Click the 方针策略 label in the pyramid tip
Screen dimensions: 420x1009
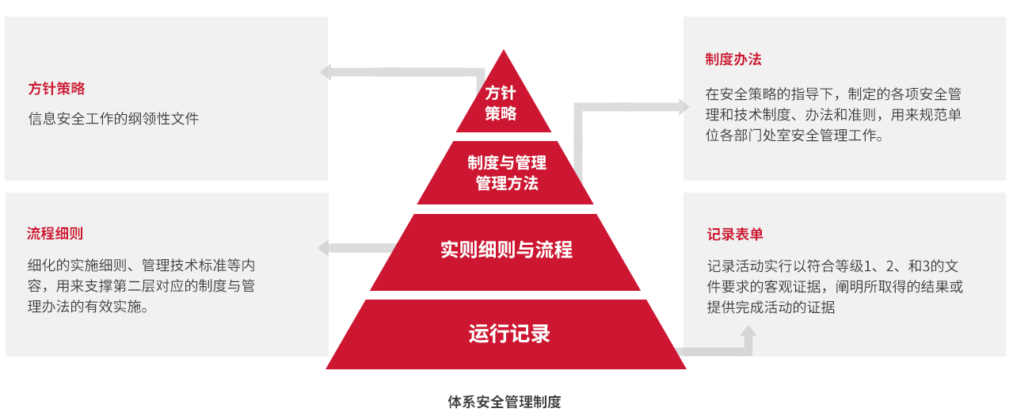click(x=501, y=103)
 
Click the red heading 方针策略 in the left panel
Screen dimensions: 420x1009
click(x=56, y=89)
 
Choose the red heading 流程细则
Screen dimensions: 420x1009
click(x=55, y=234)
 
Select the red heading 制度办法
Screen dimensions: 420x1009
click(x=733, y=59)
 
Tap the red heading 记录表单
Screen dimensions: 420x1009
click(x=735, y=235)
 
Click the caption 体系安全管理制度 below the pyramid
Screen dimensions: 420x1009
click(x=504, y=402)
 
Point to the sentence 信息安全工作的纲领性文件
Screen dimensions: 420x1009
click(x=113, y=119)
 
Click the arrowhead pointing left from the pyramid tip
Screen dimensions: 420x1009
click(x=326, y=72)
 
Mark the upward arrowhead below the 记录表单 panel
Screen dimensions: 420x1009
click(x=746, y=332)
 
